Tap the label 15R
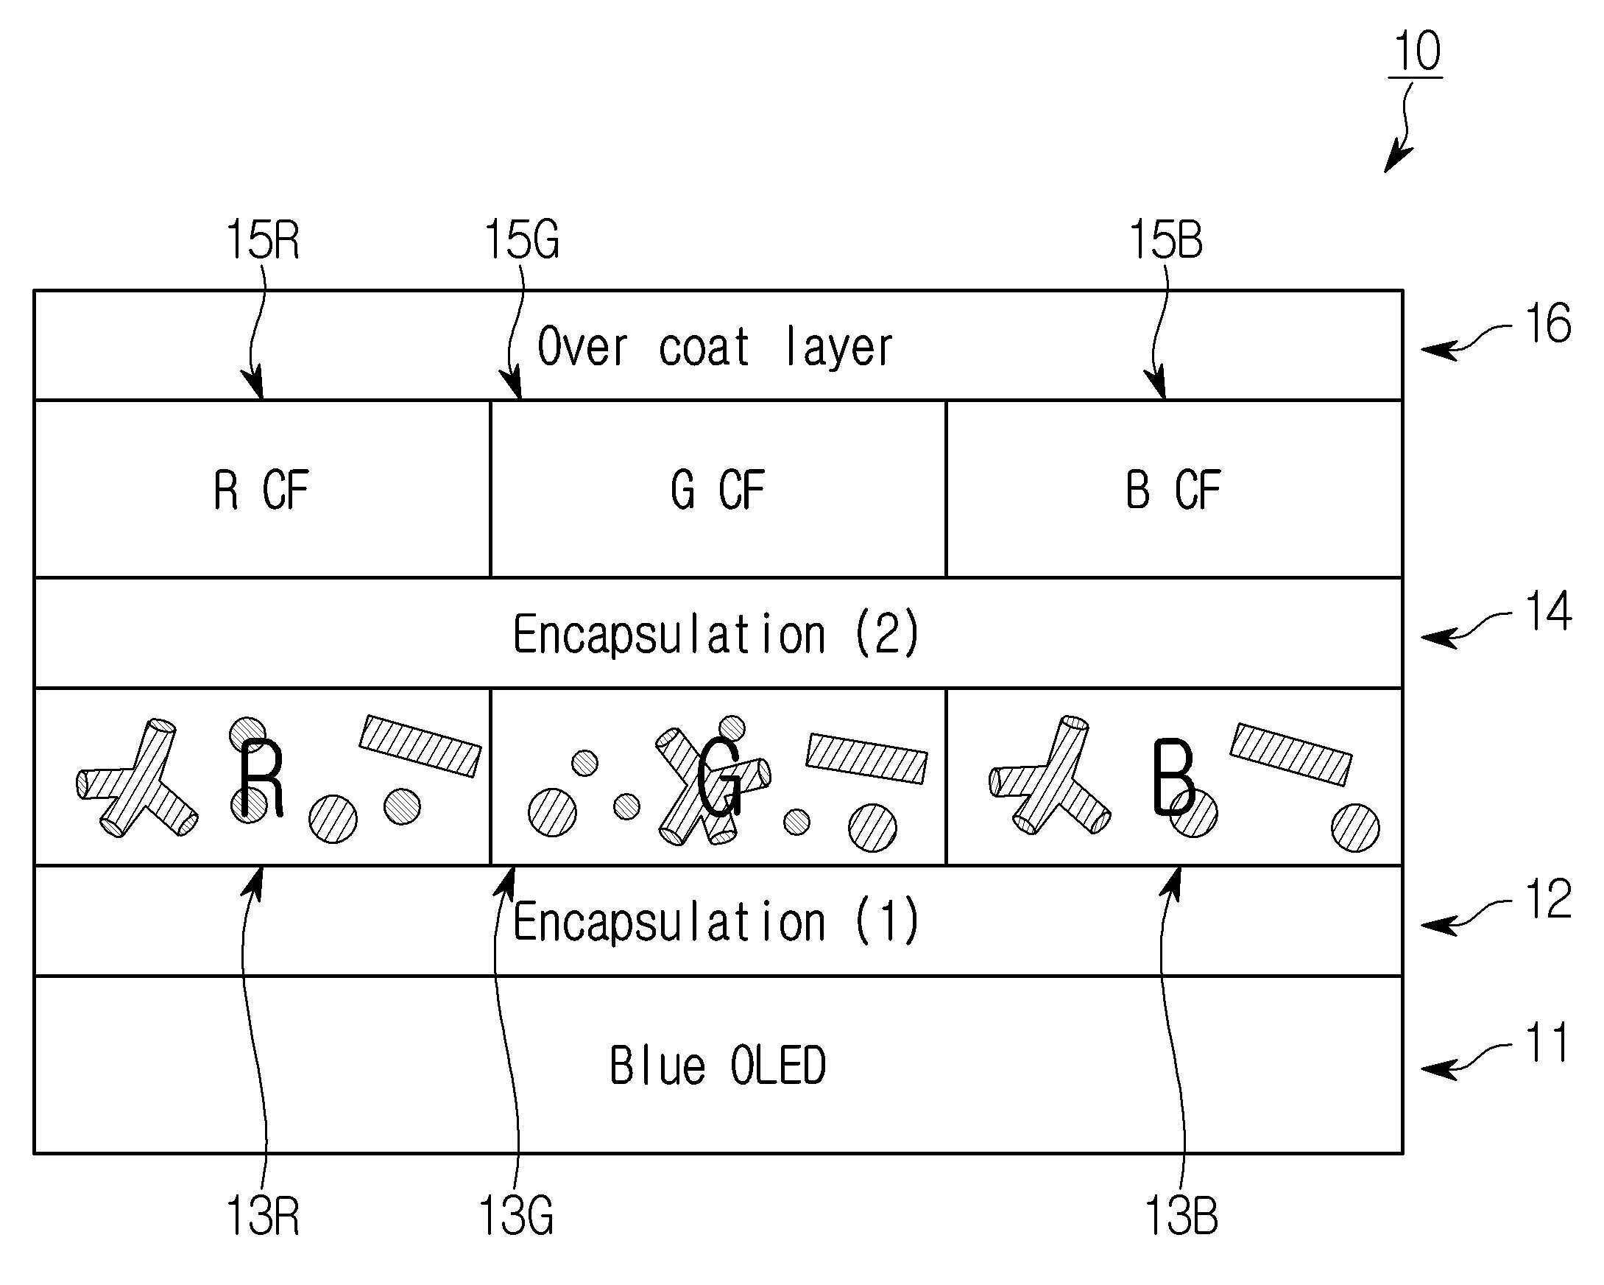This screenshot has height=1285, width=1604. tap(262, 240)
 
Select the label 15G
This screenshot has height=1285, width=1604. tap(520, 240)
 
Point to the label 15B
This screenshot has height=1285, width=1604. tap(1165, 240)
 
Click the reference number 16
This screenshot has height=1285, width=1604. tap(1547, 325)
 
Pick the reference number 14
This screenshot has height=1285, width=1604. tap(1547, 612)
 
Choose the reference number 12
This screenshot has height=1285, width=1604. tap(1547, 900)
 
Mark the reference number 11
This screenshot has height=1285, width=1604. tap(1547, 1043)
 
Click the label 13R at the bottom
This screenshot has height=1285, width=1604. tap(262, 1217)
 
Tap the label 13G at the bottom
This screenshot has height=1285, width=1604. tap(515, 1217)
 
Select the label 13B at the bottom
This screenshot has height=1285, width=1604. tap(1181, 1217)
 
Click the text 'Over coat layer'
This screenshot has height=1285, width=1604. tap(714, 348)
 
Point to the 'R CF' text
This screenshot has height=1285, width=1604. tap(261, 490)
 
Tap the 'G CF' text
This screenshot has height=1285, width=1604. tap(717, 490)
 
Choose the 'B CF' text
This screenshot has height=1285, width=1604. tap(1173, 490)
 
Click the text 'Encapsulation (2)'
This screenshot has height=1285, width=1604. tap(716, 635)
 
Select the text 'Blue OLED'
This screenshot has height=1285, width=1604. tap(717, 1066)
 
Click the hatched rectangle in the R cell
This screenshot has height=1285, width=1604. tap(420, 746)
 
